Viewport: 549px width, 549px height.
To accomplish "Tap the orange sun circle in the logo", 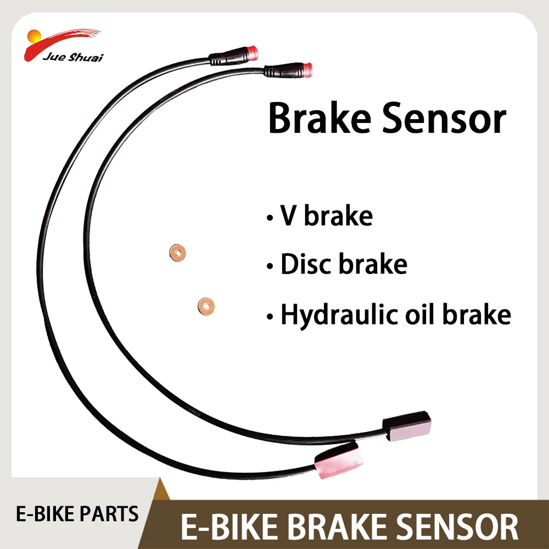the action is tap(33, 40).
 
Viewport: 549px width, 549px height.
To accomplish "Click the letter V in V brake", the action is tap(289, 215).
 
